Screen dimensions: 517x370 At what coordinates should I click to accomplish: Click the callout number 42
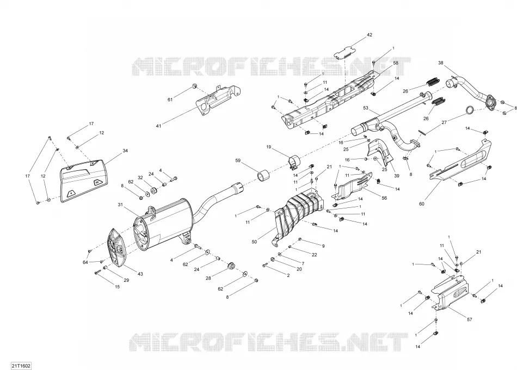coord(370,35)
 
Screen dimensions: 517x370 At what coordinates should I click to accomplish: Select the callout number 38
coord(441,63)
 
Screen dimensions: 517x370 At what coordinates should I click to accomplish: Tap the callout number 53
coord(366,108)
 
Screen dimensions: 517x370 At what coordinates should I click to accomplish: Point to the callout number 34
coord(125,151)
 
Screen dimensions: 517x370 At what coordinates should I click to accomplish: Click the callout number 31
coord(120,205)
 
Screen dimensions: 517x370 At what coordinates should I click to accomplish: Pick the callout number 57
coord(470,319)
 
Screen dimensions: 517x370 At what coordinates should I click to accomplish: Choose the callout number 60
coord(422,204)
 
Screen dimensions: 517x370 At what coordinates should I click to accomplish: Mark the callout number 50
coord(254,242)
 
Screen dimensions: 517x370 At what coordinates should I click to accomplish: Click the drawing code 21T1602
coord(21,366)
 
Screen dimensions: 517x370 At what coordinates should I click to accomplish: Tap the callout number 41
coord(158,126)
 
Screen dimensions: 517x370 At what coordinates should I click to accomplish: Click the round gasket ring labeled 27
coord(470,110)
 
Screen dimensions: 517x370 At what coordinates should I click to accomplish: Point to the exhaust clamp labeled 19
coord(293,162)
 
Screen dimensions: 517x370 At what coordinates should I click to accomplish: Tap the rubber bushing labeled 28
coord(231,265)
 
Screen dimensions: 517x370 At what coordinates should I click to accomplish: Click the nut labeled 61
coord(194,87)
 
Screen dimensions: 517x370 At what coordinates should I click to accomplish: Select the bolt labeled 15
coord(97,273)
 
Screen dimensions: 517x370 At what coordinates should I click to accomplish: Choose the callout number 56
coord(384,198)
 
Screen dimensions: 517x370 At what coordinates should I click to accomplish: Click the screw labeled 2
coord(265,265)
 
